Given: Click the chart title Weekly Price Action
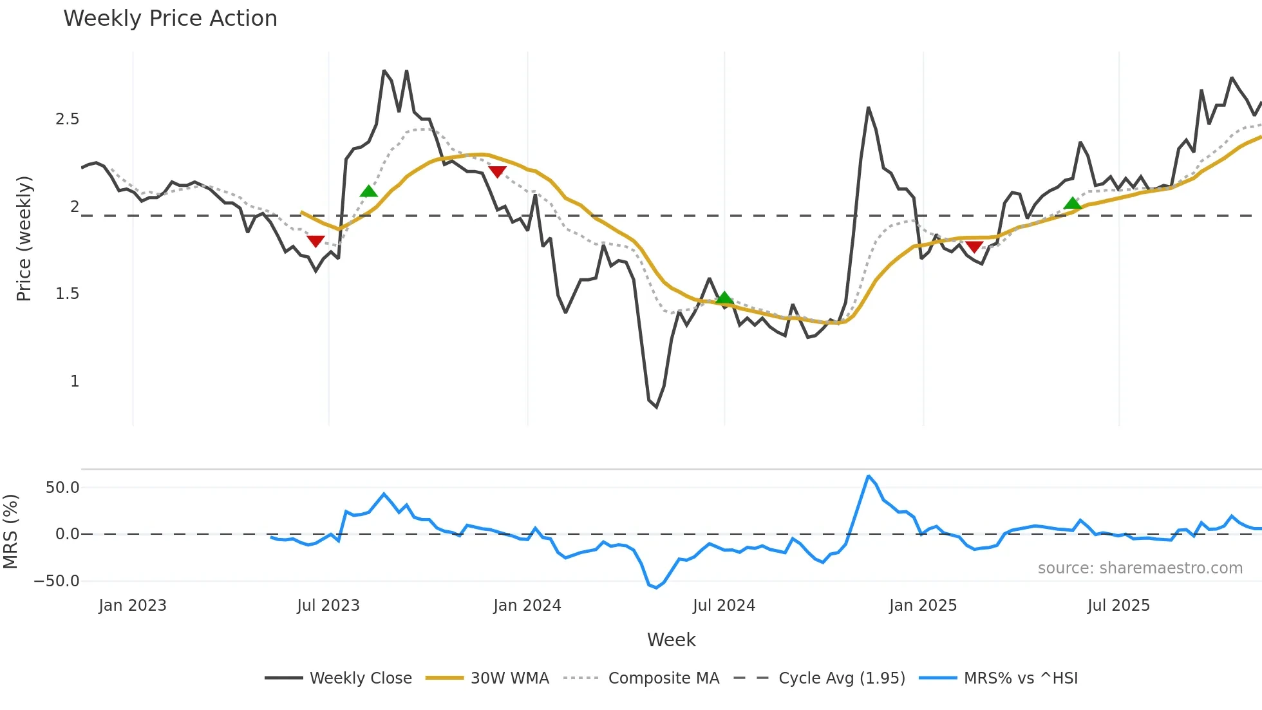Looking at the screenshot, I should coord(170,19).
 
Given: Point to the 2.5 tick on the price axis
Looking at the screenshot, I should coord(68,119).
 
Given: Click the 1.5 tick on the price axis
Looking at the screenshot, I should coord(68,294).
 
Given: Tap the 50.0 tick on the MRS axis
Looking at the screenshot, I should coord(62,488).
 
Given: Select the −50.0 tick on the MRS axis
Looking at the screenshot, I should coord(57,581).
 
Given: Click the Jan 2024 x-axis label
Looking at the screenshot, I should coord(527,606).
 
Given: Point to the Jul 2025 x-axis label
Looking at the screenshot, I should coord(1118,606).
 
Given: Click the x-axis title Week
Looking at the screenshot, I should coord(671,640).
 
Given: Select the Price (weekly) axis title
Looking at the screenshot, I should coord(24,238).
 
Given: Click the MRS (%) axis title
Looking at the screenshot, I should coord(11,532).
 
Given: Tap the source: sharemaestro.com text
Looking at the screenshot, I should coord(1140,568).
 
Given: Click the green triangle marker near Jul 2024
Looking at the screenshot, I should coord(724,298).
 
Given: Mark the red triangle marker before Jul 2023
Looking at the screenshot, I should coord(315,241).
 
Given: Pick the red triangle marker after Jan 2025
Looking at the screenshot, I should coord(974,247).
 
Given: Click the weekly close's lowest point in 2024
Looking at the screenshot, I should coord(656,407).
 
